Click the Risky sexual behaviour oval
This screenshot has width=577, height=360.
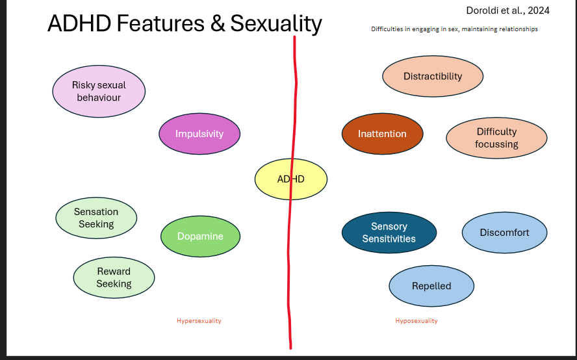pos(99,91)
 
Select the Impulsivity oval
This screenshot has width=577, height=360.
pos(199,134)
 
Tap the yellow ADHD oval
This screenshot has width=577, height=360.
pos(290,179)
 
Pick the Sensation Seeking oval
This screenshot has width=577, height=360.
pos(96,218)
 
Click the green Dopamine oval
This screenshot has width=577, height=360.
pos(201,237)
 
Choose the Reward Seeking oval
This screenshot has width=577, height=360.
pos(114,277)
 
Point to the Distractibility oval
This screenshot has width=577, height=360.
pos(433,76)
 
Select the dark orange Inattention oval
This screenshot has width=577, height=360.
pos(382,134)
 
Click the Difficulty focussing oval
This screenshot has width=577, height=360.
pos(496,138)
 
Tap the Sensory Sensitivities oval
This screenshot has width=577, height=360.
pos(389,233)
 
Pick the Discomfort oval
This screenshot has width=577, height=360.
pos(504,233)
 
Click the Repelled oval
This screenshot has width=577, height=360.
pos(431,286)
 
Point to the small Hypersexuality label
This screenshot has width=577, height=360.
pos(199,321)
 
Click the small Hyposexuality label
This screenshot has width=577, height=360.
pos(417,321)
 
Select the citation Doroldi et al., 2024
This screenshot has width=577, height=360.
pos(507,11)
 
